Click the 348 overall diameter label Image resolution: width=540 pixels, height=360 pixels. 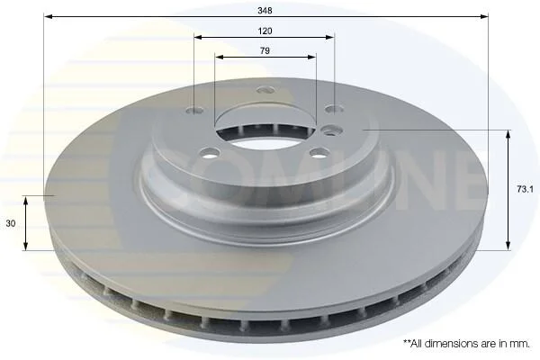[265, 11]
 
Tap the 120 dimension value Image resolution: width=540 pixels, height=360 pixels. [265, 31]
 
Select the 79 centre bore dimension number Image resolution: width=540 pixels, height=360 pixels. [265, 51]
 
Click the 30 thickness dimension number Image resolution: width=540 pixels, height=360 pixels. [11, 223]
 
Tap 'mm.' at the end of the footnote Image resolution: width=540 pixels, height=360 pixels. [522, 344]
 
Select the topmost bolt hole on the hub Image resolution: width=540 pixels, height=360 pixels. [265, 90]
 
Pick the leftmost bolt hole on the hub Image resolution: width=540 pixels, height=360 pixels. [194, 110]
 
